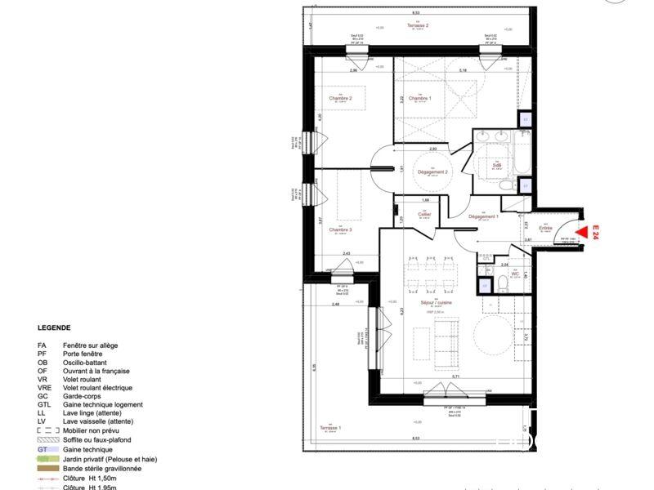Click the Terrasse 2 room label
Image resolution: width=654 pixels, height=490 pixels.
pos(418,26)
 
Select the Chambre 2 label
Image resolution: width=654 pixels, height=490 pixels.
pos(340,99)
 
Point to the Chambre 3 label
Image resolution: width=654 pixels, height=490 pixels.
pos(340,229)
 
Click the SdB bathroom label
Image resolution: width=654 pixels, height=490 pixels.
pos(496,164)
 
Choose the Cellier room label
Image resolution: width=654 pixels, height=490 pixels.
pos(424,214)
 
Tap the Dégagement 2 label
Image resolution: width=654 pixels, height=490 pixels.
pos(432,172)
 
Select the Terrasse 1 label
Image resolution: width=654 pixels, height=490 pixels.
pos(329,428)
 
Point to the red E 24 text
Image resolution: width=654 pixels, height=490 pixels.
pos(596,232)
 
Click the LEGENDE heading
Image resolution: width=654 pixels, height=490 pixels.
pos(54,328)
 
